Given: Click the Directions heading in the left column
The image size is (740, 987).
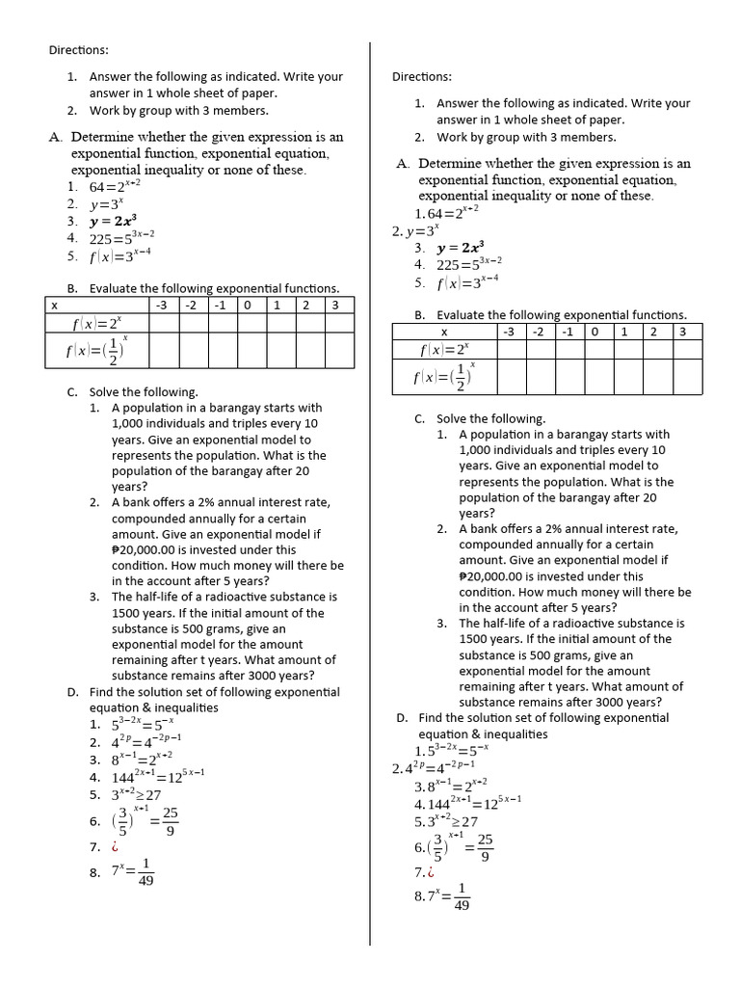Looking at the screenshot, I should (x=79, y=49).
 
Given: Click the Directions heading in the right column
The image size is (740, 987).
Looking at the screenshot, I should (x=422, y=77).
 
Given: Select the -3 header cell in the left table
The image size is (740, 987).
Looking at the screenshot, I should (x=162, y=305).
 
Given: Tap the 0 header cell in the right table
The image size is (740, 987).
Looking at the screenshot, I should (x=595, y=332).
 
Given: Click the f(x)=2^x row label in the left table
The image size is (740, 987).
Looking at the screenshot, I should (x=96, y=324).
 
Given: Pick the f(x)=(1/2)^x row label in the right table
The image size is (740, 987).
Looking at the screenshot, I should (x=443, y=377).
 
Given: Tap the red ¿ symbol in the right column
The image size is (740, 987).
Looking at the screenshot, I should (x=428, y=872).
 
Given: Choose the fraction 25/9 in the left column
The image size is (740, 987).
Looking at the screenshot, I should (x=170, y=821).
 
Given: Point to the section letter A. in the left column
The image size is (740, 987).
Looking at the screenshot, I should (x=56, y=137).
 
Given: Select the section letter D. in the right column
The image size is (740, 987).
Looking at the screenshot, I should (x=402, y=718).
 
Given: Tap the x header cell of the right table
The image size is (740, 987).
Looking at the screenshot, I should (x=443, y=332).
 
